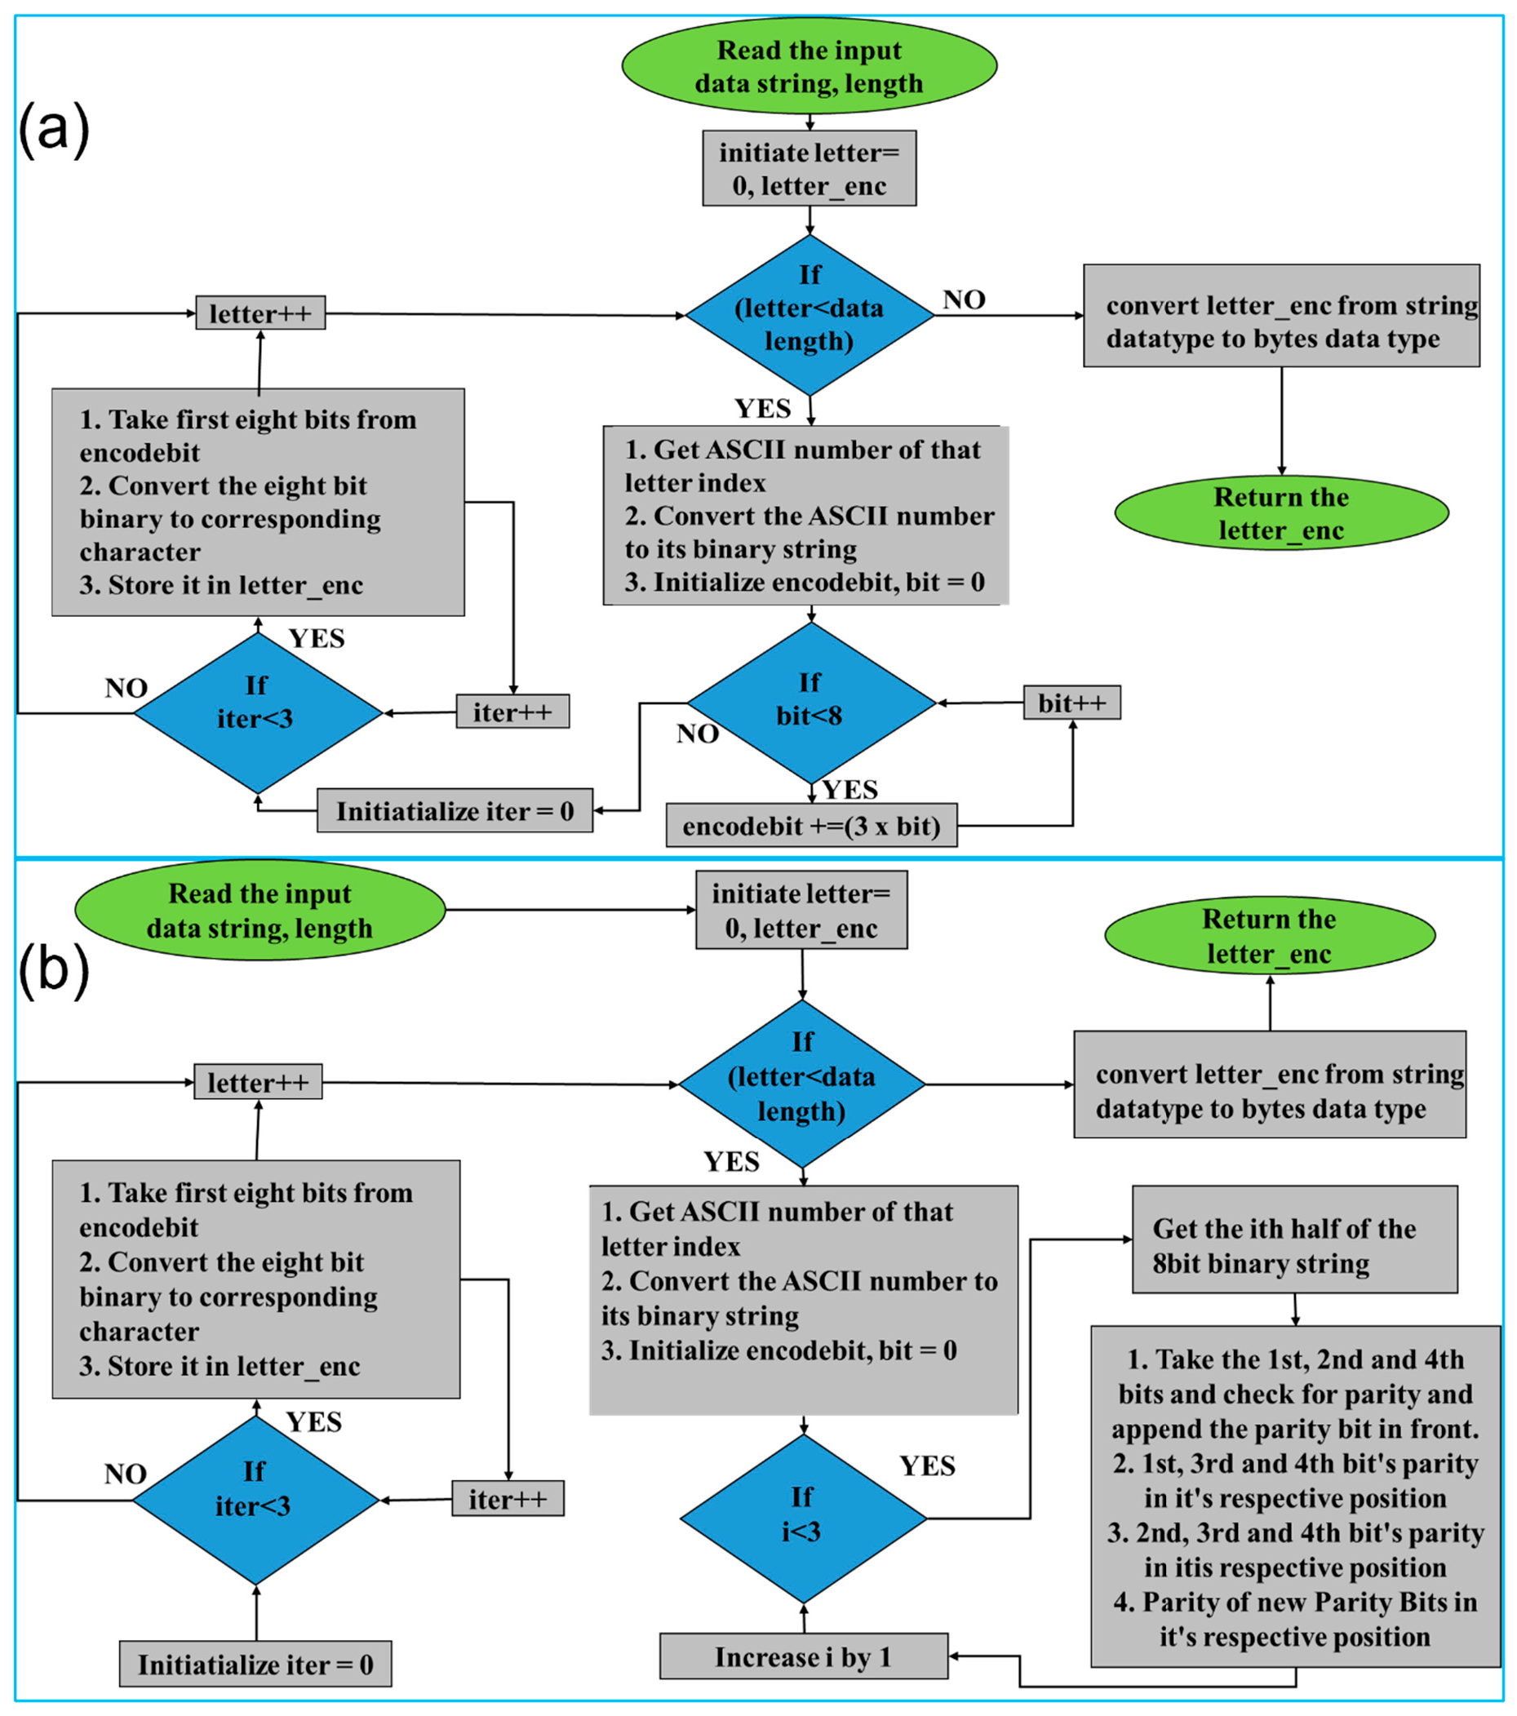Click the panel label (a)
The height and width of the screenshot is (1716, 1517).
pyautogui.click(x=54, y=128)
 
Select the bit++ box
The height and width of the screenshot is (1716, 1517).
pyautogui.click(x=1071, y=703)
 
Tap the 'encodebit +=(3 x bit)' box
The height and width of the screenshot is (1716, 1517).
pyautogui.click(x=811, y=826)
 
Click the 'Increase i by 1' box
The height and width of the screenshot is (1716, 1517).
pyautogui.click(x=803, y=1656)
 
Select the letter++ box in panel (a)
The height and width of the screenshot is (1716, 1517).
pyautogui.click(x=260, y=313)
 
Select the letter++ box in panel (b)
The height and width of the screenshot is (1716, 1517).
pyautogui.click(x=258, y=1082)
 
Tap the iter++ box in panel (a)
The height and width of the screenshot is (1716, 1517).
pyautogui.click(x=512, y=712)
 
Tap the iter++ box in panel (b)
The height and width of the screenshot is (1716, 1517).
pyautogui.click(x=507, y=1499)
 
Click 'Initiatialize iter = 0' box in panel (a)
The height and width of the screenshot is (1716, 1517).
pyautogui.click(x=455, y=811)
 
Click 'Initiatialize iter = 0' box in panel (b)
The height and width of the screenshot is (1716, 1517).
pyautogui.click(x=255, y=1664)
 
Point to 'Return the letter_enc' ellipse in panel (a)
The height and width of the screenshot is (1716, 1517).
pyautogui.click(x=1281, y=513)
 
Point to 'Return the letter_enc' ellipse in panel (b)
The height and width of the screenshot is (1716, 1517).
pyautogui.click(x=1270, y=935)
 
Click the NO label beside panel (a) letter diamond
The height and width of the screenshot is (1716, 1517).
pyautogui.click(x=964, y=299)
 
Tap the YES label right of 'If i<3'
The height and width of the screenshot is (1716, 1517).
pyautogui.click(x=927, y=1465)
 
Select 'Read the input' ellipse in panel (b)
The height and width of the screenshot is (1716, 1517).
pyautogui.click(x=260, y=910)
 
